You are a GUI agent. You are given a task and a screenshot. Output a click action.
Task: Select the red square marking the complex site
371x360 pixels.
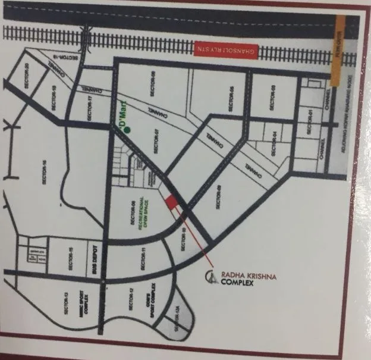(x=171, y=202)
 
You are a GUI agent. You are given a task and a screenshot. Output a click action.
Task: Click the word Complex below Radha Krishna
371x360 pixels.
(x=237, y=283)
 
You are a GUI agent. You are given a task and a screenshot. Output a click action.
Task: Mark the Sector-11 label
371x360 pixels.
(x=143, y=258)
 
